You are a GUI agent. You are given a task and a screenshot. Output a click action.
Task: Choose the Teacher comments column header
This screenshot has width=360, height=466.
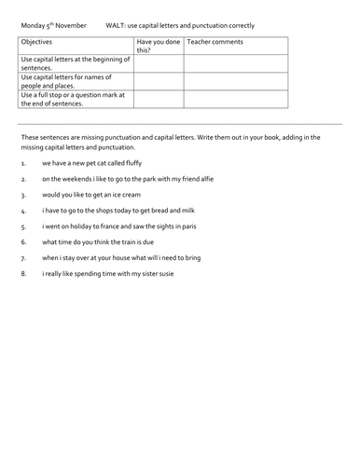click(216, 43)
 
